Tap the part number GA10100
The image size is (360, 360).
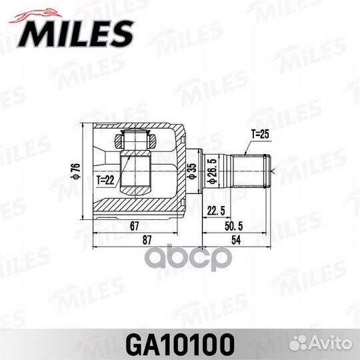coord(179,344)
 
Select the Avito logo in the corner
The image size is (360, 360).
coord(333,345)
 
